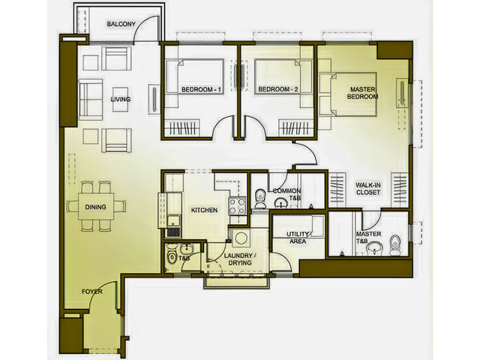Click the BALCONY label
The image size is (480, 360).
click(121, 24)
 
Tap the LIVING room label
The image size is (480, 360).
click(120, 99)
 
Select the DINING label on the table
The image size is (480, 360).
click(95, 207)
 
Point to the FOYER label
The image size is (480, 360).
click(91, 292)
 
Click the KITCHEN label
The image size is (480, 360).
click(204, 210)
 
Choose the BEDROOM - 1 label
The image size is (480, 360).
click(201, 89)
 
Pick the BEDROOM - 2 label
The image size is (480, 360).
click(278, 89)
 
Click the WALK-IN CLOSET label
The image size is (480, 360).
click(368, 188)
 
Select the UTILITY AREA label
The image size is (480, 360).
click(298, 238)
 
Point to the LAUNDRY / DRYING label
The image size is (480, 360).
click(238, 259)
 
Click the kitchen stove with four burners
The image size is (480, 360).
click(237, 206)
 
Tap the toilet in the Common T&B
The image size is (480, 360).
click(260, 198)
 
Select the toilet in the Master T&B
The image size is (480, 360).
click(395, 245)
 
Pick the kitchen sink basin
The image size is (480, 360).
click(173, 220)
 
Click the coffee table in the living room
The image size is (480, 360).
click(120, 100)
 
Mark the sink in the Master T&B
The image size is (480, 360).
click(375, 247)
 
